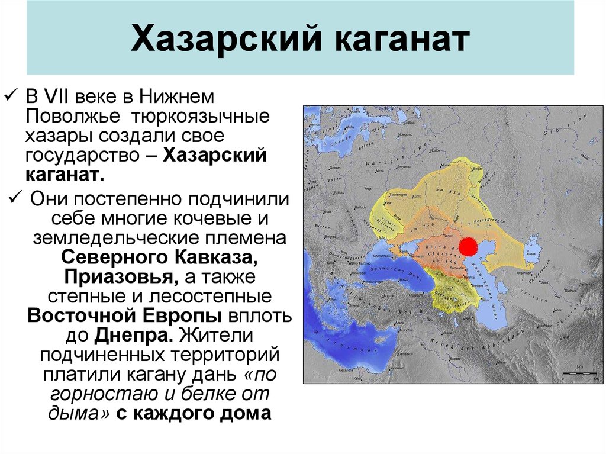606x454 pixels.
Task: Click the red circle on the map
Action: click(469, 246)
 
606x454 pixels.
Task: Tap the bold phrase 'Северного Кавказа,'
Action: click(159, 259)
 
